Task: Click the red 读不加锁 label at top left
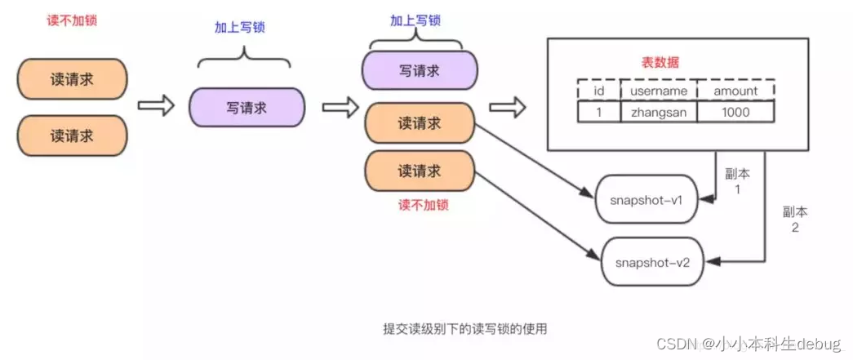[x=72, y=19]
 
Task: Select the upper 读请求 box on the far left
[x=72, y=80]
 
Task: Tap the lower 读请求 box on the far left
[x=72, y=135]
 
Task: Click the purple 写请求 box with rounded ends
[x=247, y=107]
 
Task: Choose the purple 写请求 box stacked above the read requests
[x=419, y=70]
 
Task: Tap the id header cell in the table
[x=598, y=91]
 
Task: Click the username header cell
[x=658, y=91]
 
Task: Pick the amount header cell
[x=735, y=91]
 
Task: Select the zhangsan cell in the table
[x=658, y=112]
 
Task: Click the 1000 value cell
[x=735, y=112]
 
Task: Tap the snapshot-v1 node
[x=647, y=198]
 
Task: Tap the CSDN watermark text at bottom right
[x=748, y=344]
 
